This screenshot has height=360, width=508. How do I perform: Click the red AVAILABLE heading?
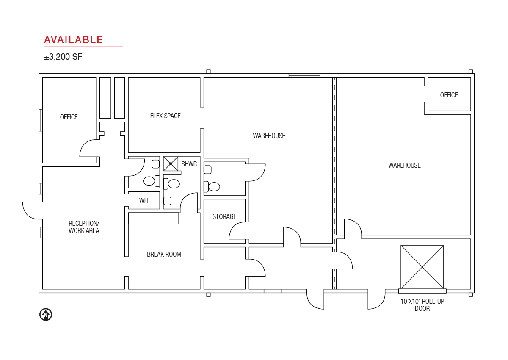(x=74, y=40)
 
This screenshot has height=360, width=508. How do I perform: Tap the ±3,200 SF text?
(x=63, y=57)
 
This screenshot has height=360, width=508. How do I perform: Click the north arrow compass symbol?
(x=46, y=315)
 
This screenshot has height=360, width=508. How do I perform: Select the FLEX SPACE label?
(x=166, y=116)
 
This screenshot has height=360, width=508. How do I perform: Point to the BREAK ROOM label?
(x=164, y=254)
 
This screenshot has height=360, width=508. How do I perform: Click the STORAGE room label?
(x=224, y=216)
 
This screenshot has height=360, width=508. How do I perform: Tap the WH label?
(x=144, y=200)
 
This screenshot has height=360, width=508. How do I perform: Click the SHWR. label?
(x=190, y=164)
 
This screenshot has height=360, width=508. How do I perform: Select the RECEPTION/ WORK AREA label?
(x=84, y=227)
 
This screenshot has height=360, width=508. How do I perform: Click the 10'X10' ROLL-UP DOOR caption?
(x=422, y=305)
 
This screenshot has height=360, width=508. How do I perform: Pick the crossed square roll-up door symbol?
(x=422, y=267)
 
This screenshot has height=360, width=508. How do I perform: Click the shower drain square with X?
(x=171, y=163)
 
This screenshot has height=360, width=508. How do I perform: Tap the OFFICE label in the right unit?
(x=449, y=95)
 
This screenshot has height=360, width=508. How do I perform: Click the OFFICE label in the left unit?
(x=69, y=117)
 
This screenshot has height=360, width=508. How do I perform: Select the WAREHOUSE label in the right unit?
(x=404, y=165)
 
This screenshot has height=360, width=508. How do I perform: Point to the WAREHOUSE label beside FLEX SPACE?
(x=269, y=136)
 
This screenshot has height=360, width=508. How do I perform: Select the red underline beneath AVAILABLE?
(x=83, y=47)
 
